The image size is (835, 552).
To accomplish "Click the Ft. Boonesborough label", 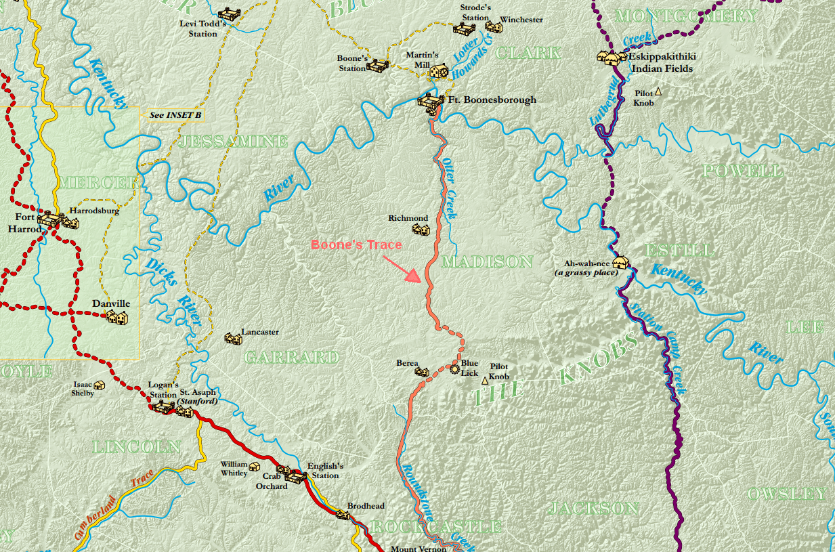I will tap(492, 100).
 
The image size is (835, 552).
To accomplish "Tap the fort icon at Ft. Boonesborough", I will tap(429, 102).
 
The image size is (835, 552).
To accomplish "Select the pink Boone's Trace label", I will tap(356, 245).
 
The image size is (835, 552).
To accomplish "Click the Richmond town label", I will tap(408, 218).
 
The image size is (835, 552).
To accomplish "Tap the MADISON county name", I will tap(487, 261).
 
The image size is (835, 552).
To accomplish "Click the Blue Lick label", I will tap(470, 368).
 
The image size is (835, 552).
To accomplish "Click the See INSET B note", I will tap(175, 115).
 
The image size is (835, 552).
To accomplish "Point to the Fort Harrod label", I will tap(21, 224).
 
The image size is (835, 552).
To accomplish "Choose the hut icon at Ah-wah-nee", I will tap(620, 262).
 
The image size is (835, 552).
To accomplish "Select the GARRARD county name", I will tap(291, 357).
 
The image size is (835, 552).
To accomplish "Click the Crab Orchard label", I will tap(271, 481).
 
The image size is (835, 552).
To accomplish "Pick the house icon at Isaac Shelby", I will tap(99, 385).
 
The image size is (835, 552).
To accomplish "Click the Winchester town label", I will tap(521, 20).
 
